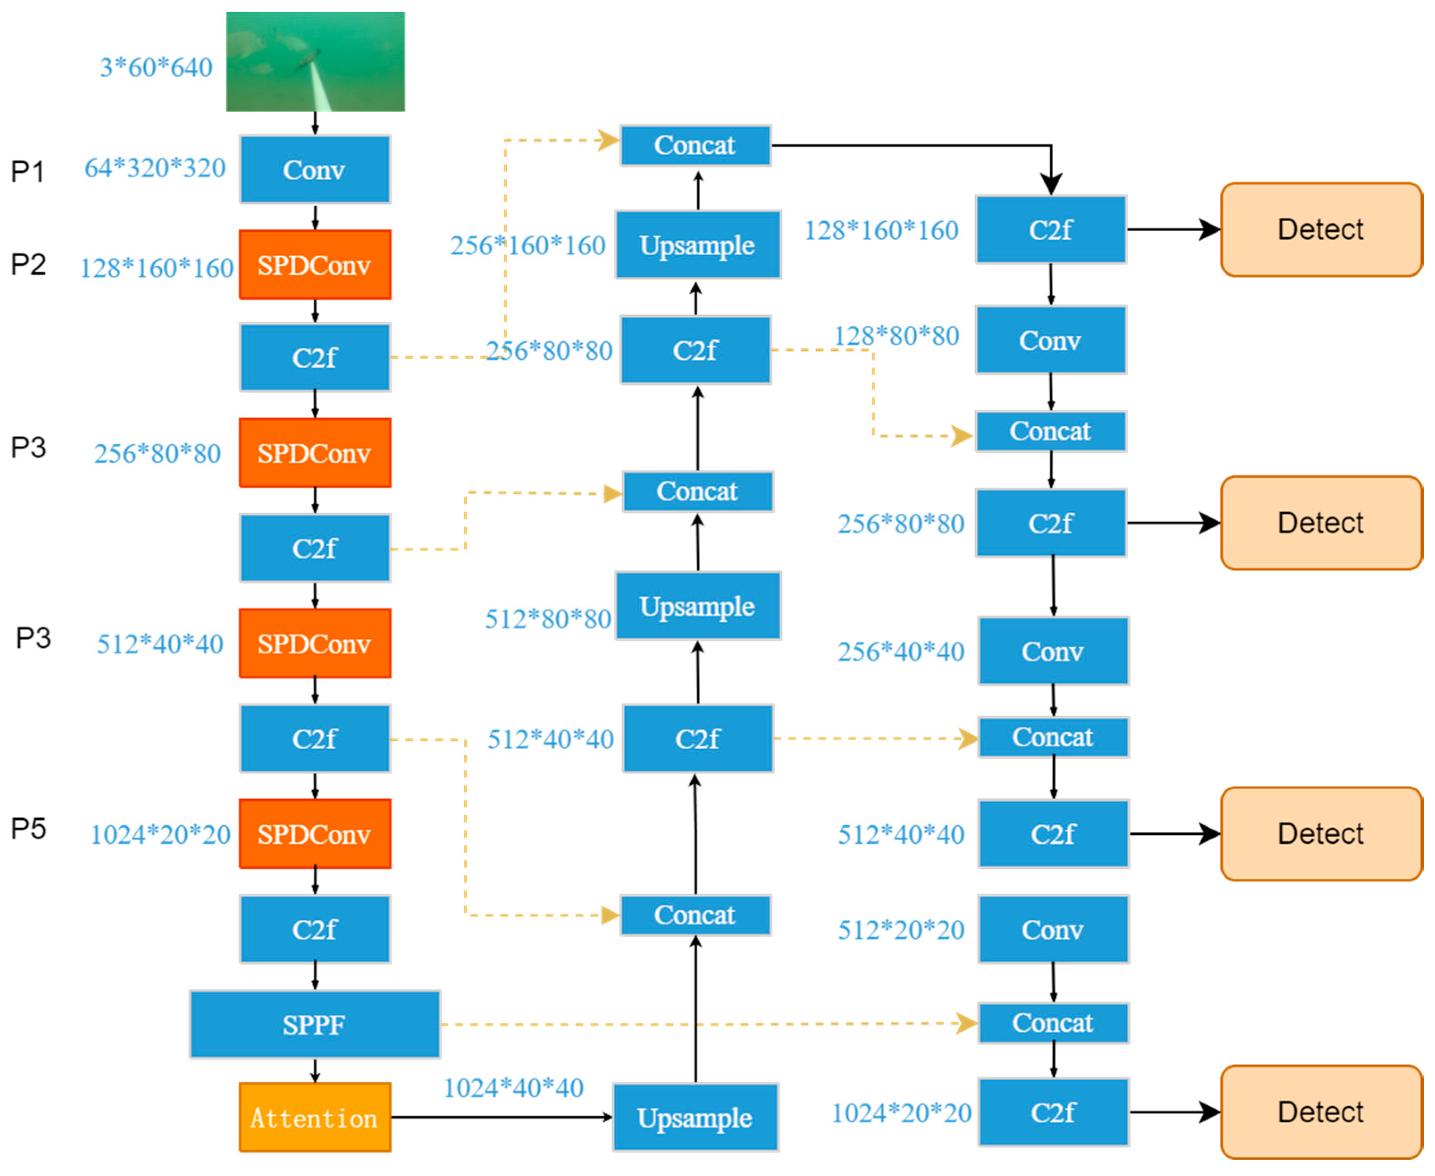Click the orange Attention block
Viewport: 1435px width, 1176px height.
point(315,1117)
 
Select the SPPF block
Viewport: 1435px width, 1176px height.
point(315,1024)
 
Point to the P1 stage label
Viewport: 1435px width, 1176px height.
point(28,171)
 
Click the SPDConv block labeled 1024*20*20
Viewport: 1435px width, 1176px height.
point(315,834)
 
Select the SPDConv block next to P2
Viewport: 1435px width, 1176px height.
point(315,265)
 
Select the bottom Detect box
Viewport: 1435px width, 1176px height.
point(1321,1113)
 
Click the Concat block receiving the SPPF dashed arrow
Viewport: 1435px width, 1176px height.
point(1053,1023)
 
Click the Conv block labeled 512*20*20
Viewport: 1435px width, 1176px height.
point(1053,929)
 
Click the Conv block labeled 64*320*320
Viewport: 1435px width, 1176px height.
point(315,169)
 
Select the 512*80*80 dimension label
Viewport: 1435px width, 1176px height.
point(548,619)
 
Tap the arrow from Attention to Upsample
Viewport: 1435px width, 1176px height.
point(501,1117)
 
